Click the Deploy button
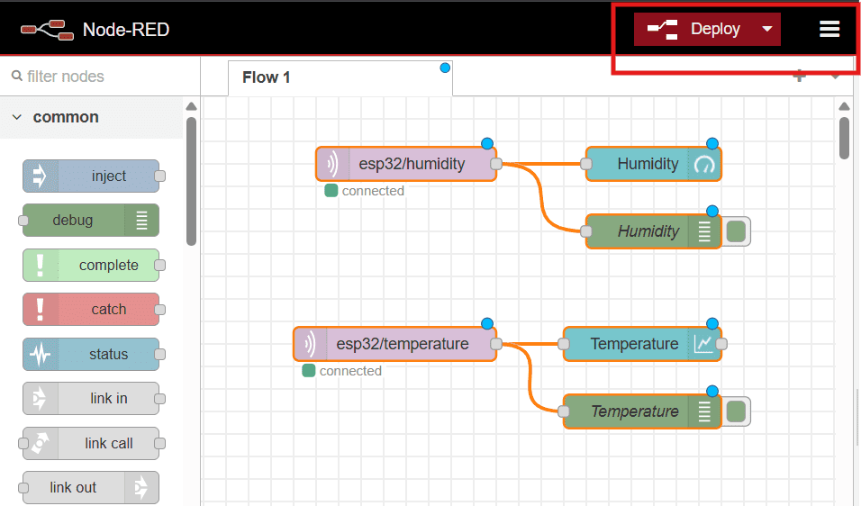coord(695,29)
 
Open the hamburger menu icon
coord(829,29)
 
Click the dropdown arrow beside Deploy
coord(767,29)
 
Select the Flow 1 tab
coord(267,77)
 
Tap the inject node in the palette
coord(91,176)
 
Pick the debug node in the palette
coord(90,221)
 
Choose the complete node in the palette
coord(91,266)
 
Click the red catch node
coord(91,310)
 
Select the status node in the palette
coord(91,354)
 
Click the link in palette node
coord(91,398)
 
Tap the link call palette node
coord(91,443)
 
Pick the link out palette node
coord(91,487)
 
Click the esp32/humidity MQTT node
coord(406,164)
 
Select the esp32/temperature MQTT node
coord(395,344)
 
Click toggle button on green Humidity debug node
coord(737,231)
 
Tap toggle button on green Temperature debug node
coord(737,411)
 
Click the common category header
coord(66,117)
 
